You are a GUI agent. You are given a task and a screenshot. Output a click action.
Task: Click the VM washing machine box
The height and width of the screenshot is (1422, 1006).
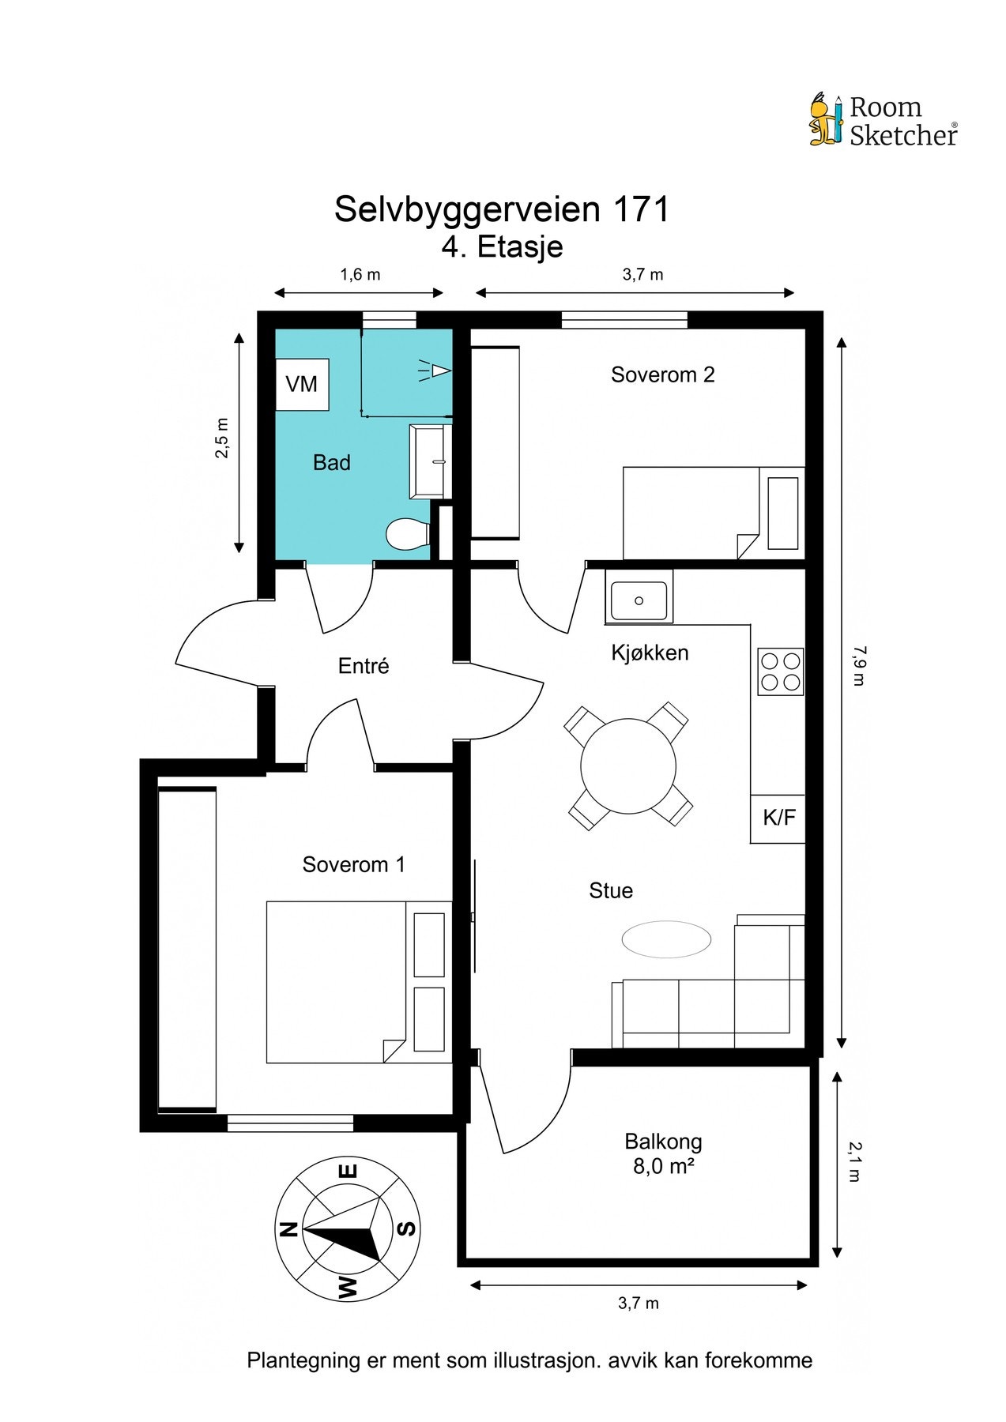click(302, 384)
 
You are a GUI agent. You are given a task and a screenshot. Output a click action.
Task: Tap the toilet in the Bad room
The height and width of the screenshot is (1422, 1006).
click(408, 533)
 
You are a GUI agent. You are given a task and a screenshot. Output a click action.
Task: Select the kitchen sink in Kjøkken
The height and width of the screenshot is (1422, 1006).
click(639, 596)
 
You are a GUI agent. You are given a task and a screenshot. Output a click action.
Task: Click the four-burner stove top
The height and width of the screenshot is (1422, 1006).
click(780, 671)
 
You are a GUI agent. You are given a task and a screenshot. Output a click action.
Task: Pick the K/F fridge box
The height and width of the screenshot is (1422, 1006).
click(778, 818)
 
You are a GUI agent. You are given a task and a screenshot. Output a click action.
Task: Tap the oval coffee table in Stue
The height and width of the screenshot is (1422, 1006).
click(666, 940)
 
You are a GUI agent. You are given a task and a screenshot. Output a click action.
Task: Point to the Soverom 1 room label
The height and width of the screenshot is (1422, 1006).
click(354, 865)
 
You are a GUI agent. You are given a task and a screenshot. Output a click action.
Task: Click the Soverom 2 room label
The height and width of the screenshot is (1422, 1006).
click(663, 374)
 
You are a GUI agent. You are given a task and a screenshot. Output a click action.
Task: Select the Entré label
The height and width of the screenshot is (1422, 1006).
click(364, 666)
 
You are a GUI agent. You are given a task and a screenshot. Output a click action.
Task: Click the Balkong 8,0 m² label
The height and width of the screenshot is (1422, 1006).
click(663, 1153)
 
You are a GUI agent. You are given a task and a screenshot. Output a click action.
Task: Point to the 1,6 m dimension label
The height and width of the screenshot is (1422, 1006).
click(360, 275)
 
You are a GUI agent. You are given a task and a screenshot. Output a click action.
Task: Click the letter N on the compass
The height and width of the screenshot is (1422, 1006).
click(288, 1229)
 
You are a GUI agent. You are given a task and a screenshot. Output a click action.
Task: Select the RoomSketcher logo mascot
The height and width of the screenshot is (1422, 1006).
click(827, 119)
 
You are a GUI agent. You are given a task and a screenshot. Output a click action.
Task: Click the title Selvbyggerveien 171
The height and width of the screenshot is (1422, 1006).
click(502, 209)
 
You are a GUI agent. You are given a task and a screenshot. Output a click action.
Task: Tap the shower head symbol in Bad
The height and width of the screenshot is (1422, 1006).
click(435, 370)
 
